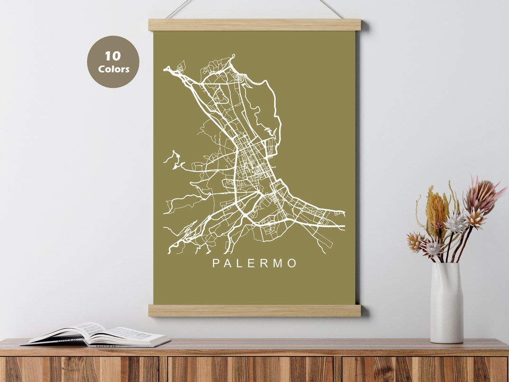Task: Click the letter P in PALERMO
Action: [x=216, y=263]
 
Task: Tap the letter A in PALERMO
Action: [x=228, y=263]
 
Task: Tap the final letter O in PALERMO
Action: [x=292, y=263]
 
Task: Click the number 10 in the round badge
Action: [x=113, y=56]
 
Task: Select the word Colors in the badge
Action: [x=114, y=69]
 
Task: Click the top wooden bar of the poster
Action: [x=254, y=25]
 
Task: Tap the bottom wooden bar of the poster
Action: [x=254, y=310]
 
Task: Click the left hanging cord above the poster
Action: [x=179, y=8]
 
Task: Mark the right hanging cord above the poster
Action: [x=331, y=8]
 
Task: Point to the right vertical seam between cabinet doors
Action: [x=338, y=369]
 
